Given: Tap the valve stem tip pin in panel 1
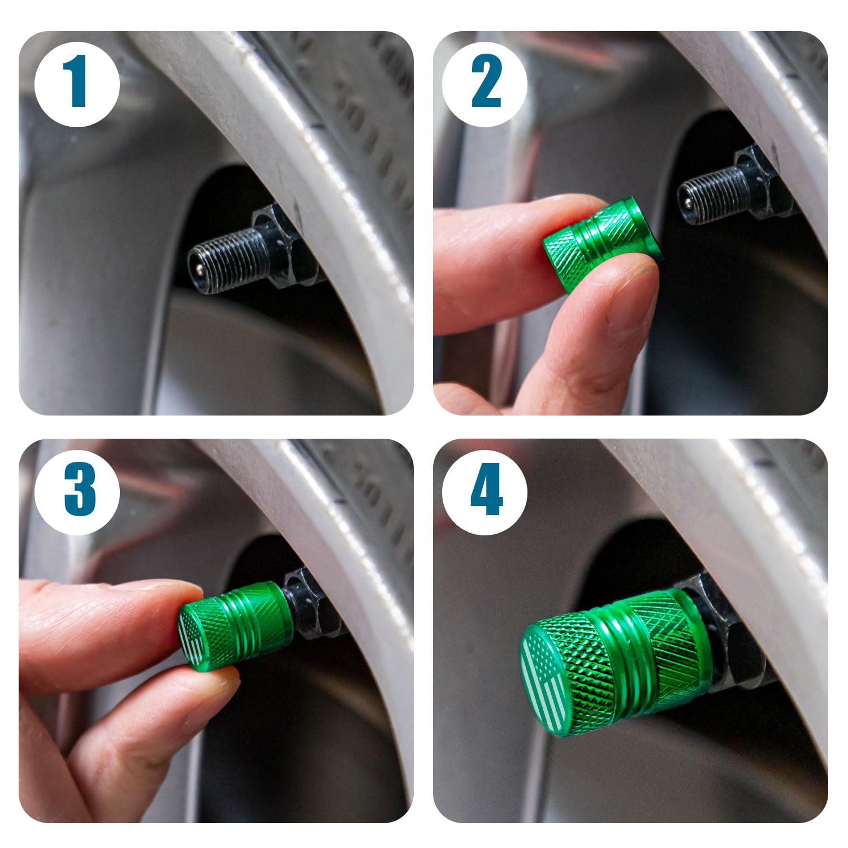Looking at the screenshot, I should tap(194, 263).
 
